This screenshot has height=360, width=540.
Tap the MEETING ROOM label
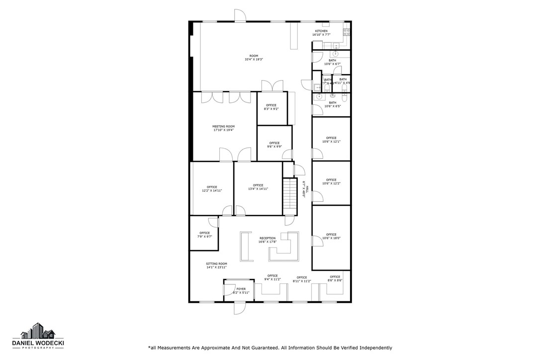pyautogui.click(x=223, y=127)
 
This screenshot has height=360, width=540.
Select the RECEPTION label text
pyautogui.click(x=267, y=239)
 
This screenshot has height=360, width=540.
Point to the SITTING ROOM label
pyautogui.click(x=216, y=264)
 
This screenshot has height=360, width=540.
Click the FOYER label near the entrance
pyautogui.click(x=241, y=289)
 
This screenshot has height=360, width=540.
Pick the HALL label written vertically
pyautogui.click(x=307, y=189)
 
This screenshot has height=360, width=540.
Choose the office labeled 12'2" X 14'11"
pyautogui.click(x=212, y=187)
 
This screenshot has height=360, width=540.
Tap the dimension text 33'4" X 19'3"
pyautogui.click(x=253, y=60)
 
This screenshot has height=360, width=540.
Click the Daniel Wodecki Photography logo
pyautogui.click(x=38, y=337)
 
